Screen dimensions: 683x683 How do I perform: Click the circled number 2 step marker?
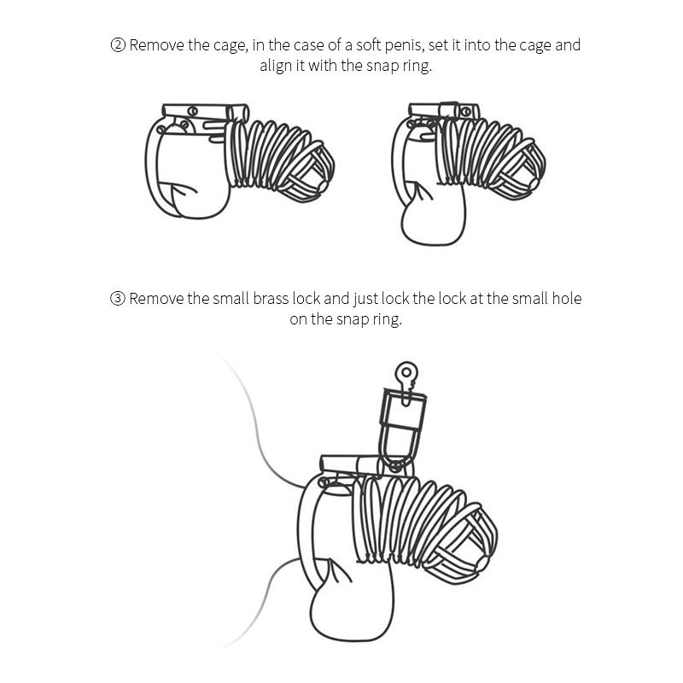[x=118, y=45]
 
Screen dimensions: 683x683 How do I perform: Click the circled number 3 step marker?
[x=118, y=299]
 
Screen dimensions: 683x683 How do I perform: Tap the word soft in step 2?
[x=375, y=45]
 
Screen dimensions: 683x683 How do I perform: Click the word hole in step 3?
[x=563, y=299]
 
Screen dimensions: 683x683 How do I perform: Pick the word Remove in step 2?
[x=156, y=45]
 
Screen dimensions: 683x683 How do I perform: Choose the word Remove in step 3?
[x=156, y=299]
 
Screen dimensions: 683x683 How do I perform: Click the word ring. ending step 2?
[x=417, y=66]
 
